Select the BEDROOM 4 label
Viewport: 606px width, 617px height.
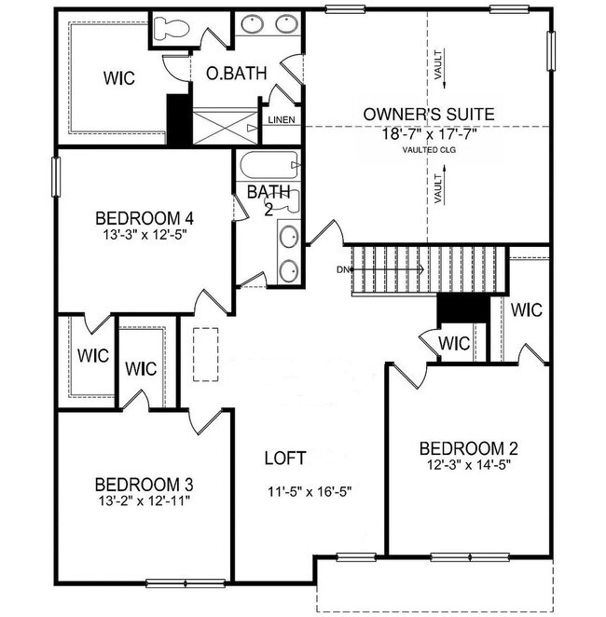[145, 219]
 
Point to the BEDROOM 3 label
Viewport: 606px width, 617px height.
[145, 485]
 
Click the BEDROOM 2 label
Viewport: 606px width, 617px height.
[468, 446]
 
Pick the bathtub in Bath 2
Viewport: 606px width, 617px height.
[269, 165]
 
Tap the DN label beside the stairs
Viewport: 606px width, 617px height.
[343, 270]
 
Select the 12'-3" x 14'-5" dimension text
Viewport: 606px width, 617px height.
[468, 462]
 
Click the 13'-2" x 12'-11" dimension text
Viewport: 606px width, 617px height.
[145, 501]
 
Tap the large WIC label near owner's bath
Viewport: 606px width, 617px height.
[118, 77]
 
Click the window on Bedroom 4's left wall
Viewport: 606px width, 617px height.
[55, 176]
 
